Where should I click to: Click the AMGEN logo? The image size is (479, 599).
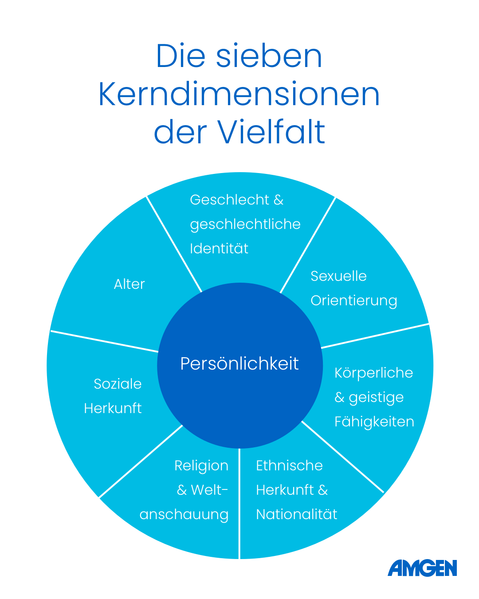click(422, 568)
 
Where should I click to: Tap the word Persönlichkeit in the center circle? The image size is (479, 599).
click(239, 363)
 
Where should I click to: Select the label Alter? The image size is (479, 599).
click(130, 284)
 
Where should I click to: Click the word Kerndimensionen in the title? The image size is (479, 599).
click(239, 94)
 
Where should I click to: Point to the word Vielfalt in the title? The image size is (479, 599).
click(271, 132)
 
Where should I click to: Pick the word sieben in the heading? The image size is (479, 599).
click(269, 55)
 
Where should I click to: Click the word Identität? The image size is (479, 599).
click(219, 248)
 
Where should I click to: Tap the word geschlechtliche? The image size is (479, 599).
click(245, 225)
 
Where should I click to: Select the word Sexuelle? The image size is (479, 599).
click(338, 276)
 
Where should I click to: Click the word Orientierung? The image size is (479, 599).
click(354, 301)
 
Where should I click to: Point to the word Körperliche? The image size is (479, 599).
click(373, 373)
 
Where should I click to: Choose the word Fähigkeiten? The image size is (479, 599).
click(374, 422)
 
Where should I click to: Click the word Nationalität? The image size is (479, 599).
click(296, 514)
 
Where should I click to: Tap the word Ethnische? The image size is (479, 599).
click(289, 465)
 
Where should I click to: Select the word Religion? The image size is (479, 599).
click(201, 466)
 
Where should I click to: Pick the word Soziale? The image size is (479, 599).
click(118, 384)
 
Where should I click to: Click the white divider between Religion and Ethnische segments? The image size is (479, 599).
click(239, 503)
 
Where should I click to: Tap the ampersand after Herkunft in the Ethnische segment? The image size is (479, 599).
click(323, 490)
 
